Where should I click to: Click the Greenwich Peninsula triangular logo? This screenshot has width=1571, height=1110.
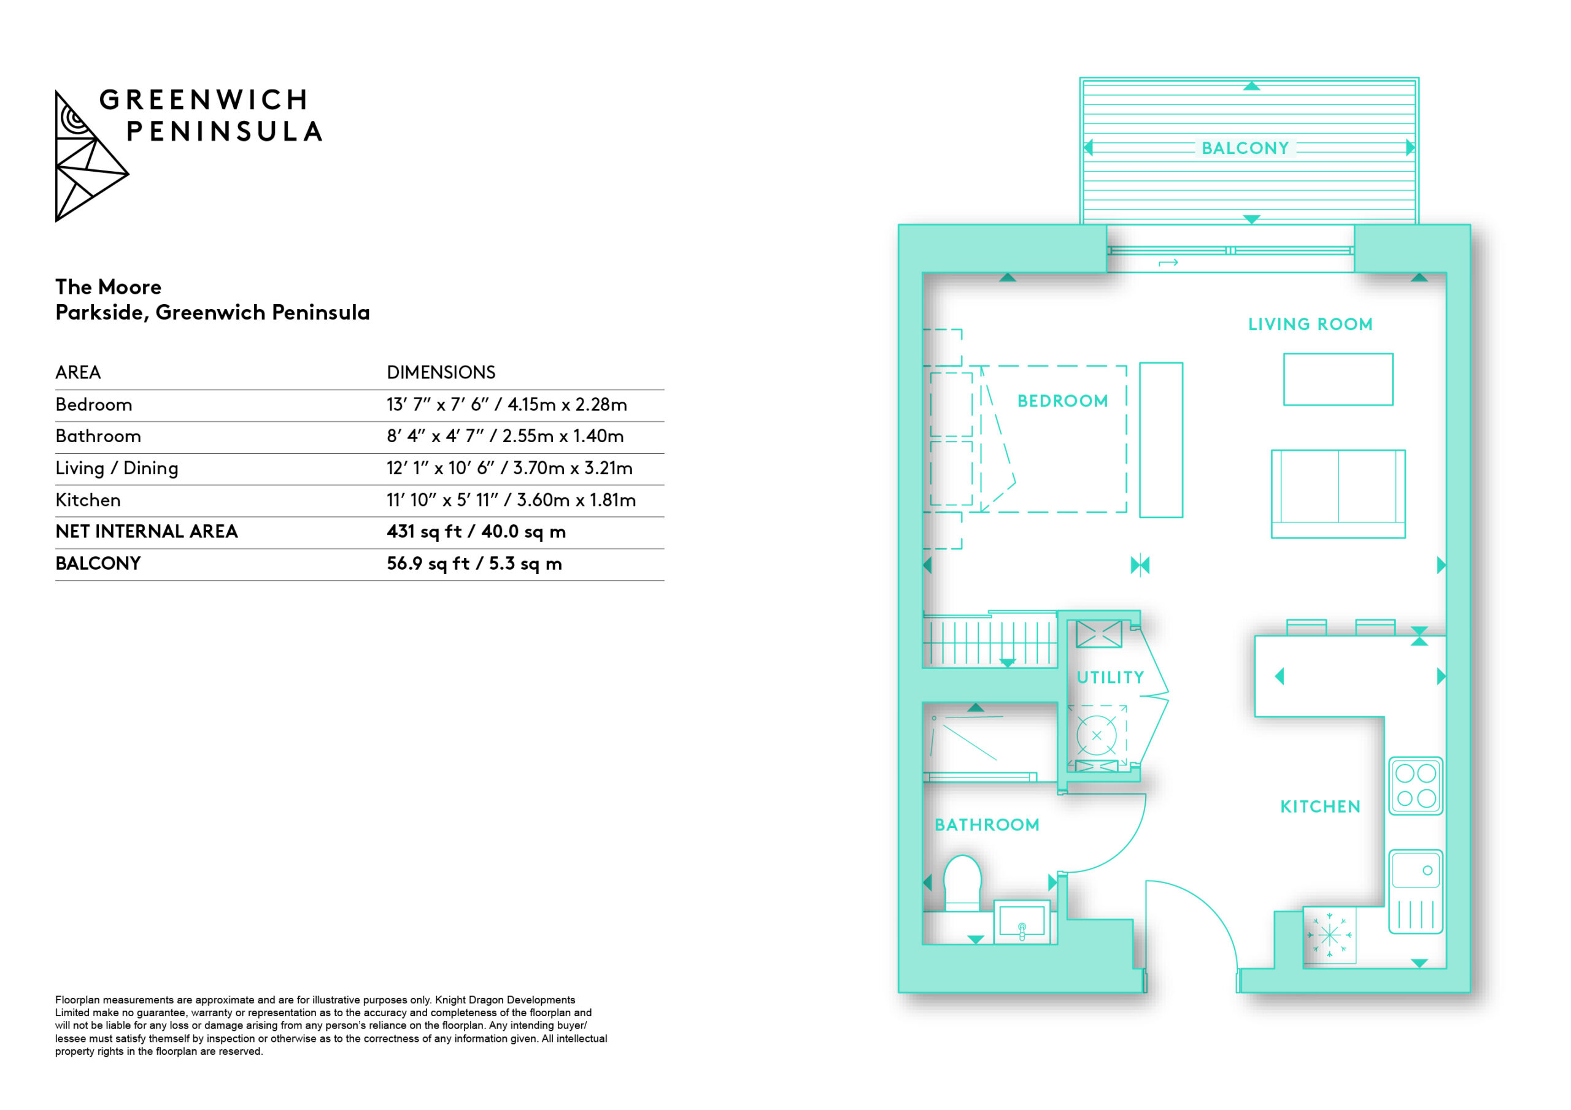[x=90, y=156]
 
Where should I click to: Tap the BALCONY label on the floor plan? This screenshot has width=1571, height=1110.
[x=1245, y=148]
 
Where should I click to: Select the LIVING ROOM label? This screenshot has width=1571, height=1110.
[x=1310, y=324]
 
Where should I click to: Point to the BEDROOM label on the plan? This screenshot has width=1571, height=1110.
[x=1063, y=401]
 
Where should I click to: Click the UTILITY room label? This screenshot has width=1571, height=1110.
[x=1110, y=677]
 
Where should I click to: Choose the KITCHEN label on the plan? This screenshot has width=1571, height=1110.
[x=1320, y=806]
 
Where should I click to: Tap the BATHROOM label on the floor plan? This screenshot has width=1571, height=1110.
[x=987, y=825]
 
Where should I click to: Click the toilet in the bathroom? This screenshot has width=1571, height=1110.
[x=962, y=883]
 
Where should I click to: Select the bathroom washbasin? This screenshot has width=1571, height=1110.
[x=1022, y=921]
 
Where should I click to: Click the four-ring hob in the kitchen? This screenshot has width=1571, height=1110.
[x=1416, y=786]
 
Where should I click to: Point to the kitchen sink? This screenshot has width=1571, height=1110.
[x=1416, y=892]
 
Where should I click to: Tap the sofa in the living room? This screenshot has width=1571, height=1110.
[x=1338, y=494]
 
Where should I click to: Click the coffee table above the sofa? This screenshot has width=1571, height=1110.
[x=1338, y=380]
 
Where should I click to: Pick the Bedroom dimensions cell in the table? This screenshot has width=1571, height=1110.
[x=507, y=405]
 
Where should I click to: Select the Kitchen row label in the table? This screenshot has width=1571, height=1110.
[x=88, y=500]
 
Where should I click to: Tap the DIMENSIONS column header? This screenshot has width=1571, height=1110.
[x=441, y=373]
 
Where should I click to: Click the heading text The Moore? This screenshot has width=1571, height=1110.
[x=109, y=286]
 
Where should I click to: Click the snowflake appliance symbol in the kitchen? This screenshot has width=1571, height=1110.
[x=1329, y=935]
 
